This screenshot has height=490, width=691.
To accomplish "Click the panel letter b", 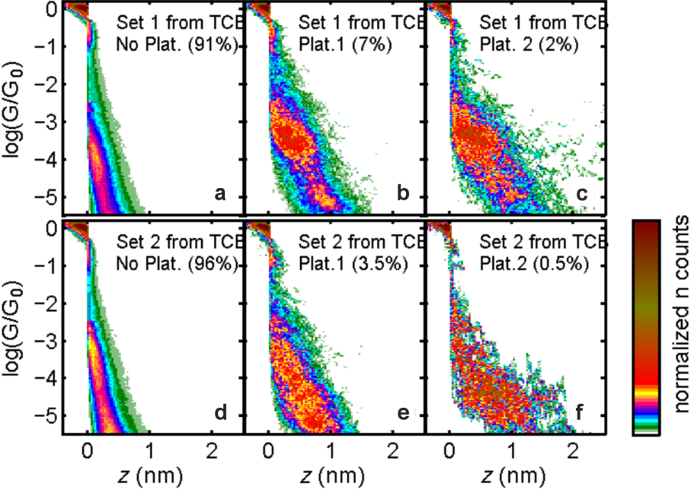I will (x=402, y=195).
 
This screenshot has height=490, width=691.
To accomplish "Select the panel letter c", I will (x=583, y=195).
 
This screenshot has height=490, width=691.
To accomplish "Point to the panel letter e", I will (x=402, y=415).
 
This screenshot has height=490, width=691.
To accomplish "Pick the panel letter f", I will (x=583, y=415).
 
